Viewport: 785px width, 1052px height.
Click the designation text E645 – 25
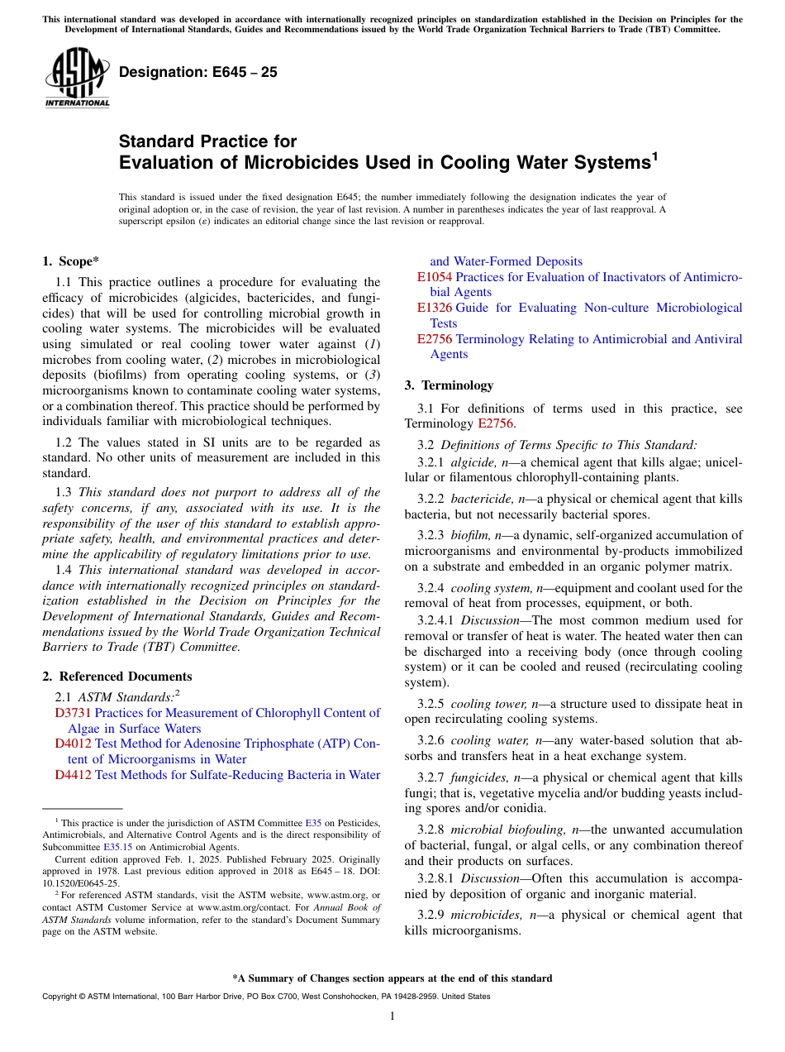(x=198, y=73)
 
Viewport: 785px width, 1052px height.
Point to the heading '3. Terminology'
(x=449, y=385)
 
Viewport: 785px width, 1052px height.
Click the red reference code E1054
(x=435, y=277)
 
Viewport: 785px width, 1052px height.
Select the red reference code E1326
(x=435, y=308)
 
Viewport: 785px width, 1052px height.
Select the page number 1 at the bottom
(x=392, y=1016)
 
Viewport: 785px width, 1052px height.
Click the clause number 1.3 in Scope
(x=62, y=492)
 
